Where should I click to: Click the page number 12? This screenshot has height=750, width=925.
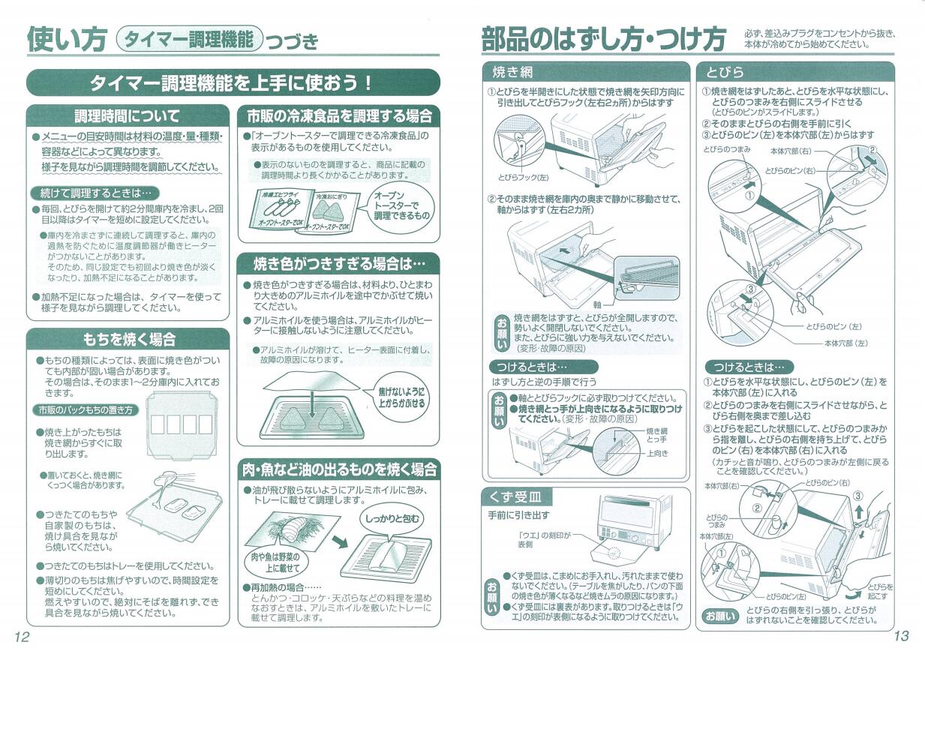[x=21, y=636]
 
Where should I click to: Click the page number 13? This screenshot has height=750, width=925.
[x=900, y=636]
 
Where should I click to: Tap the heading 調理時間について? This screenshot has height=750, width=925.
[x=127, y=116]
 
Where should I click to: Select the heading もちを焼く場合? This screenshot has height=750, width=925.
[x=128, y=339]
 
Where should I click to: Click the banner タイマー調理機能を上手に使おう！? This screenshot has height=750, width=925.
[x=233, y=82]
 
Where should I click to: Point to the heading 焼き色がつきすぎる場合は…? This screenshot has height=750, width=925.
[x=338, y=264]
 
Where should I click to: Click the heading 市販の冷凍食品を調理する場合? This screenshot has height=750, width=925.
[x=339, y=116]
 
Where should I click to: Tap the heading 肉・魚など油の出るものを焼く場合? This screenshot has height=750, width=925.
[x=338, y=469]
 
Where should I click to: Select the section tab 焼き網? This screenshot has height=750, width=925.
[x=512, y=72]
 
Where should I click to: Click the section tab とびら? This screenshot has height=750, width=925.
[x=725, y=72]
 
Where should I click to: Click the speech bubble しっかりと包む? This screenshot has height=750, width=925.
[x=392, y=519]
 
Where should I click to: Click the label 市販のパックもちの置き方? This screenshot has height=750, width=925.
[x=86, y=410]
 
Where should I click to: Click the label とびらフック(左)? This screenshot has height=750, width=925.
[x=523, y=178]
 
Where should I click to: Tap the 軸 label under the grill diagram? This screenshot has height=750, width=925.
[x=597, y=304]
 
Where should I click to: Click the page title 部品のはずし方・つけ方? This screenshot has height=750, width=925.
[x=603, y=39]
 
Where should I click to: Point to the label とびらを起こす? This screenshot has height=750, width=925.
[x=879, y=591]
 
